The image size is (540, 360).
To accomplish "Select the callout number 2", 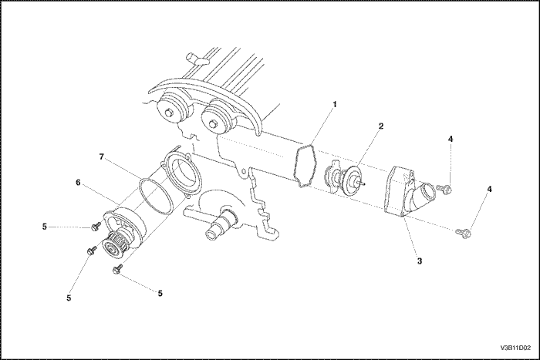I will [x=380, y=125].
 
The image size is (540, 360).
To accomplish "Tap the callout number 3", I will [x=419, y=261].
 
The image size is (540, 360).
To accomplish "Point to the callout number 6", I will [x=78, y=183].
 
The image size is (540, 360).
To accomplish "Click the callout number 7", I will [x=101, y=156].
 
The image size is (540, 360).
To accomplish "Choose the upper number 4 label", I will [x=451, y=139].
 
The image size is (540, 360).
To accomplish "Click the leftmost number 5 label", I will [x=44, y=227].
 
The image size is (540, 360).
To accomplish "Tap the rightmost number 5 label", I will [x=161, y=294].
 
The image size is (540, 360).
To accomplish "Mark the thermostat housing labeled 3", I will [x=405, y=193].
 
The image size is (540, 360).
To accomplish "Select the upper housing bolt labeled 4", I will [x=445, y=187].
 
